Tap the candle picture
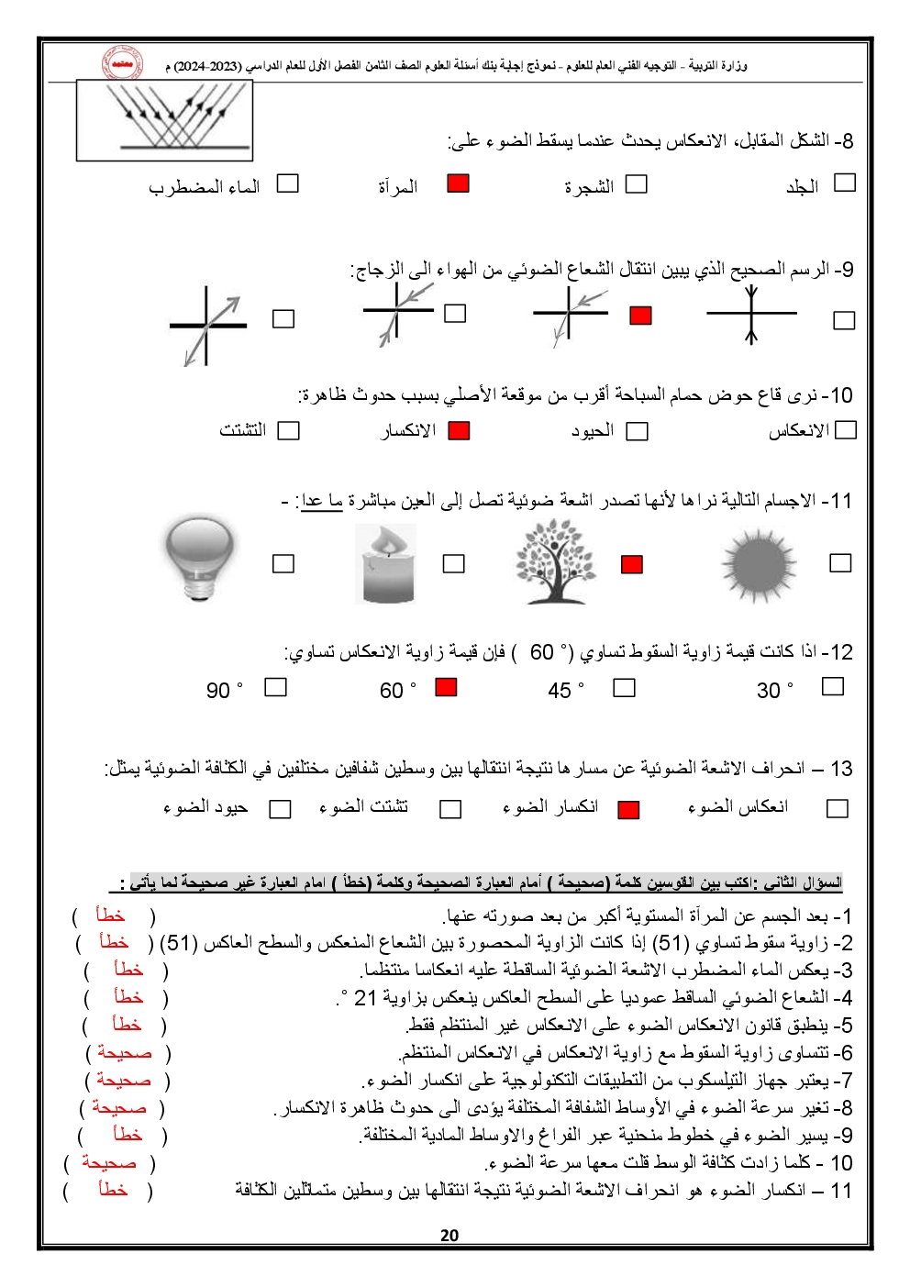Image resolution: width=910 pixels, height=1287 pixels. point(385,563)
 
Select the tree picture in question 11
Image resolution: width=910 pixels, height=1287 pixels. point(556,560)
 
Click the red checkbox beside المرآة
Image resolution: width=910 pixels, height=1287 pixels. point(458,183)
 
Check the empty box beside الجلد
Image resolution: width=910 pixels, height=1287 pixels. point(844,183)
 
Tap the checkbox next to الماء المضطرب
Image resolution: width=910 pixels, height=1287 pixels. point(288,183)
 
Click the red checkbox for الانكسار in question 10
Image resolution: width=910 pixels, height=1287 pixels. point(459,430)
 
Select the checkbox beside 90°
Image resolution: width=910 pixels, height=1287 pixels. point(275,687)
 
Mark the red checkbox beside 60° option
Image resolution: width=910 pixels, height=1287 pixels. point(446,687)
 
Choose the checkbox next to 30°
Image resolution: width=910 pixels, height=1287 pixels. point(832,686)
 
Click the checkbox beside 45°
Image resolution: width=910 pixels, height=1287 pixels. point(624,687)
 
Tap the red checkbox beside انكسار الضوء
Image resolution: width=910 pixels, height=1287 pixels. point(628,809)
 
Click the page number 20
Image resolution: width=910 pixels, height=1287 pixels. point(449,1235)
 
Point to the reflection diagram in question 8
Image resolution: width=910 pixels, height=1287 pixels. point(164,119)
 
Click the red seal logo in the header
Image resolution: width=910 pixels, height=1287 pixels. point(121,63)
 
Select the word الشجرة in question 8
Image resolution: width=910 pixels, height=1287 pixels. point(589,187)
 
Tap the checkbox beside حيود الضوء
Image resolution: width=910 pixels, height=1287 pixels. point(280,809)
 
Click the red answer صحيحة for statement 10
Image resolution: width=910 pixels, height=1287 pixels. point(109,1163)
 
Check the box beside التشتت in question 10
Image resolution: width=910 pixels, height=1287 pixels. point(288,430)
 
